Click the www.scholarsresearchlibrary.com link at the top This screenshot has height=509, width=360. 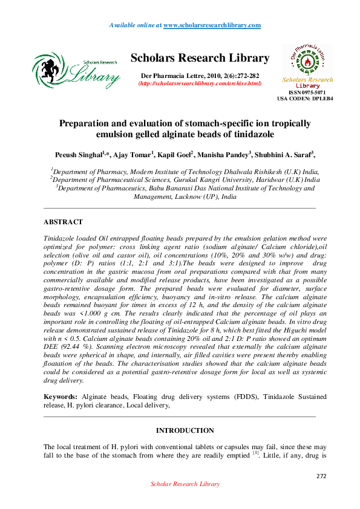(x=212, y=25)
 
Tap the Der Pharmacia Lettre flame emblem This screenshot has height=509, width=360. (x=307, y=60)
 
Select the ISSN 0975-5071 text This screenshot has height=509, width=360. (x=307, y=92)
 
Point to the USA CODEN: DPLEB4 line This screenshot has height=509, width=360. (x=305, y=98)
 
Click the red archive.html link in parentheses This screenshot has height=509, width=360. (x=200, y=83)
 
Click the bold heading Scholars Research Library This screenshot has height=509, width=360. (x=200, y=59)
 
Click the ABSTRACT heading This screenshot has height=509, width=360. (x=64, y=222)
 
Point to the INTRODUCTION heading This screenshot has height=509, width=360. (x=185, y=431)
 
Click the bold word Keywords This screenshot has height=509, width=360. (x=60, y=397)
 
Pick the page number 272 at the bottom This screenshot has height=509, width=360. (x=321, y=476)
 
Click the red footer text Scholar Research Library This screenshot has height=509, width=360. (x=185, y=484)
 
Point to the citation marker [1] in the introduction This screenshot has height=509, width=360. (x=256, y=453)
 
